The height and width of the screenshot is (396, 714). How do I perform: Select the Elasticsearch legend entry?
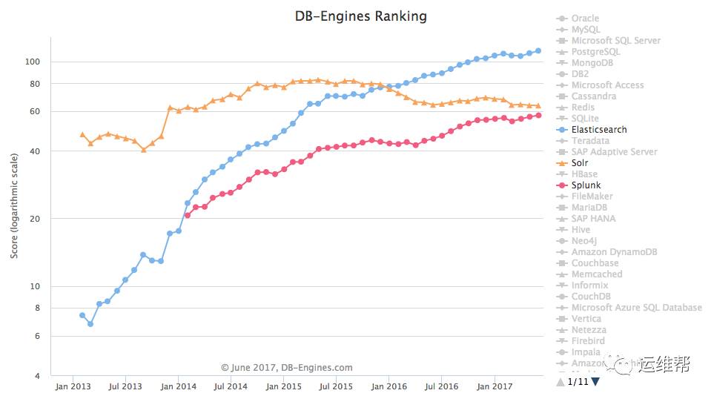[x=598, y=130]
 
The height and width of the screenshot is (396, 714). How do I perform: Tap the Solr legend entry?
[x=581, y=163]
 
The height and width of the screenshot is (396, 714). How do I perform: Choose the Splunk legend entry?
[x=586, y=185]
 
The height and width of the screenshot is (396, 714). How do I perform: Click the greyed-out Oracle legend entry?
[x=585, y=19]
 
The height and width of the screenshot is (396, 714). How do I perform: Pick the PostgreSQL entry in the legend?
[x=595, y=52]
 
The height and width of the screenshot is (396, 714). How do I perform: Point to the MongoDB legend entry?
[x=592, y=63]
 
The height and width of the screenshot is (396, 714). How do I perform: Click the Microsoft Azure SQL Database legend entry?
[x=636, y=308]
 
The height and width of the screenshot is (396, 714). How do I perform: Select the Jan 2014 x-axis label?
[x=179, y=386]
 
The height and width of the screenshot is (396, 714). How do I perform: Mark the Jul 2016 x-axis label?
[x=442, y=386]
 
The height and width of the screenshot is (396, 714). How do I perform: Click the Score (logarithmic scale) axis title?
[x=14, y=208]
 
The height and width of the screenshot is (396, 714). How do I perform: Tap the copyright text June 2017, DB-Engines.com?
[x=286, y=367]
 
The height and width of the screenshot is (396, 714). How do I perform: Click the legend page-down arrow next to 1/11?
[x=595, y=382]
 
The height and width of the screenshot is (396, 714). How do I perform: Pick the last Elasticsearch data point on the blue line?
[x=538, y=50]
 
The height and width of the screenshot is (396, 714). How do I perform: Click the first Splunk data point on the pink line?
[x=188, y=215]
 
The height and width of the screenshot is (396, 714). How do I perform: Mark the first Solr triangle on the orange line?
[x=82, y=134]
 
